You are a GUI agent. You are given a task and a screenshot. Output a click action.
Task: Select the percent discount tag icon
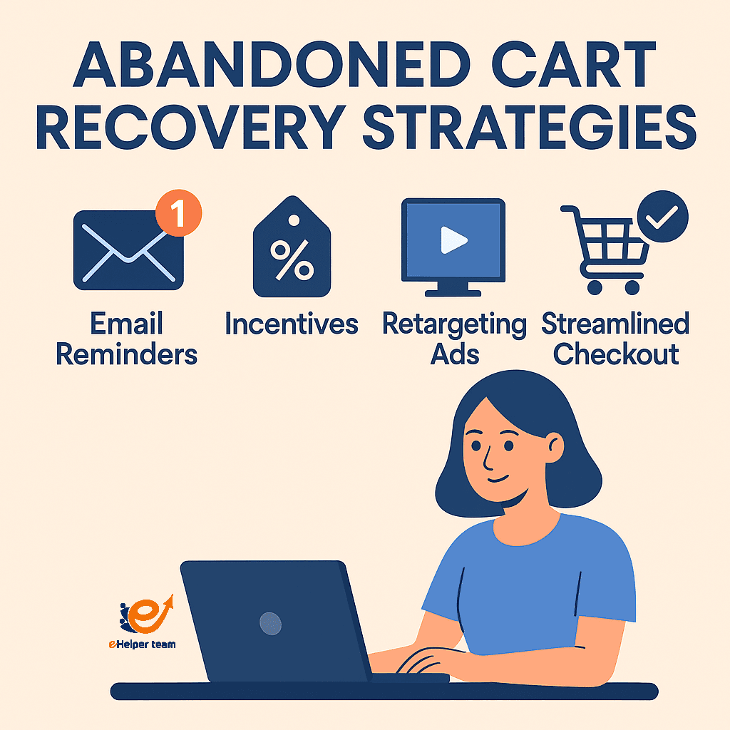292,257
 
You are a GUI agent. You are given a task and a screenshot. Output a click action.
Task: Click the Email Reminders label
126,339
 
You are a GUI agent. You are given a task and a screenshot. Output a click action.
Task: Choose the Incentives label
292,324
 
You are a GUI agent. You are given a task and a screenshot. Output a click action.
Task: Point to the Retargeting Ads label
454,339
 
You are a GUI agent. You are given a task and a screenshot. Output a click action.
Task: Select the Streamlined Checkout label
615,339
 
